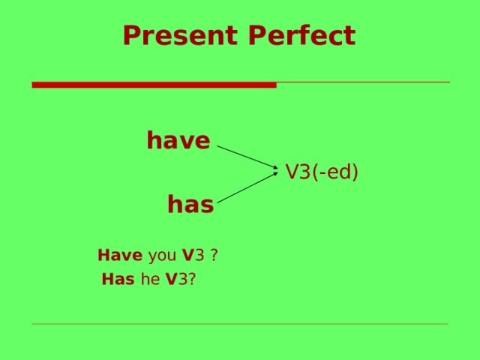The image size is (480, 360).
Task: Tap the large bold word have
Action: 178,140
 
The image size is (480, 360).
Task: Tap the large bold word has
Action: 190,204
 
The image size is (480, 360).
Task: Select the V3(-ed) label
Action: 322,172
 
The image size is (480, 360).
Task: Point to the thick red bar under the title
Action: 154,85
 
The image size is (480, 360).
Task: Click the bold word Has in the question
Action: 118,280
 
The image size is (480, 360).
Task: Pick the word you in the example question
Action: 162,256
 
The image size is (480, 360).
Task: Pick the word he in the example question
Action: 150,280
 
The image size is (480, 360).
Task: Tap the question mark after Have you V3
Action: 214,256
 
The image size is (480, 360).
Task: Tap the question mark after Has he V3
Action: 193,280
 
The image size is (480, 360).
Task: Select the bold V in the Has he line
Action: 172,280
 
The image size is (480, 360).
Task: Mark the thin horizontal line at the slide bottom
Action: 240,324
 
